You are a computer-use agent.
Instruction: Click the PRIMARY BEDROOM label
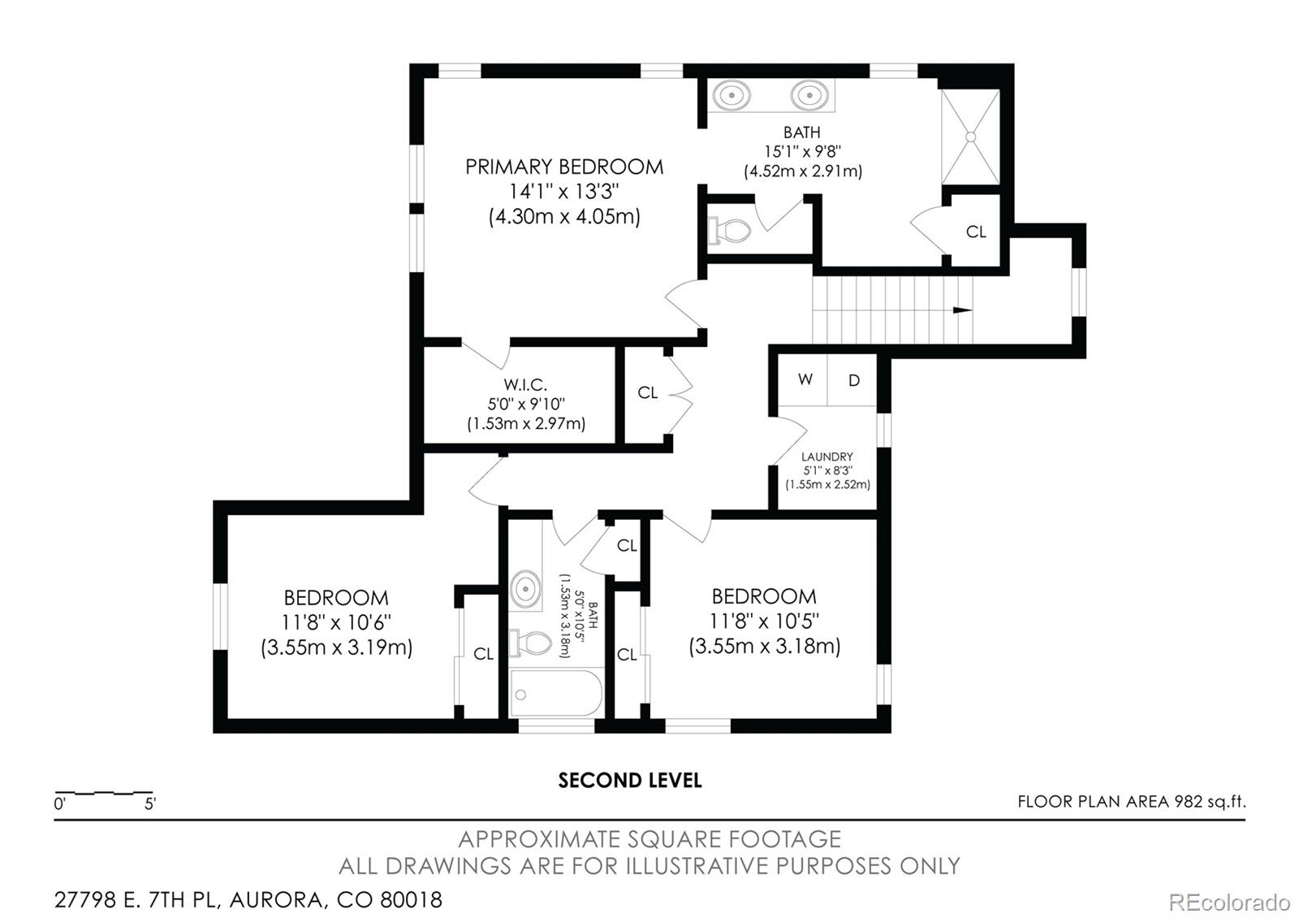point(563,167)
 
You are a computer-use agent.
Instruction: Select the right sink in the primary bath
point(808,96)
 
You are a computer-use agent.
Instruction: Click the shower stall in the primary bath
point(970,136)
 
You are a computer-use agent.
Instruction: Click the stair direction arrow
point(962,310)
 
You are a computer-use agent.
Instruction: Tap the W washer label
point(805,379)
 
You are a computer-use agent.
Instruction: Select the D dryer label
point(853,380)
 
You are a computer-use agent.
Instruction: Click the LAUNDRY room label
point(826,457)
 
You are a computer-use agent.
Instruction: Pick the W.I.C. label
point(525,384)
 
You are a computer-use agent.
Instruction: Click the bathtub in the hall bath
point(557,694)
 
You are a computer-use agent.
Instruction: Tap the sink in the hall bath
point(525,587)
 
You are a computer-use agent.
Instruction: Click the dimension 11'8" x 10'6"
point(336,622)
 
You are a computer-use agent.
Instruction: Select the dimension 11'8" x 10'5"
point(764,621)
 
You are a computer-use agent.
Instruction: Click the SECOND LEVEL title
point(629,781)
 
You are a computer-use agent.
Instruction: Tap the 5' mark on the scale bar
point(150,804)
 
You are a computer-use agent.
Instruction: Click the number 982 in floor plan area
point(1187,802)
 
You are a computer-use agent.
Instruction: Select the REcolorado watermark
point(1228,902)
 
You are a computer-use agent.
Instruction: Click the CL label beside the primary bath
point(976,232)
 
